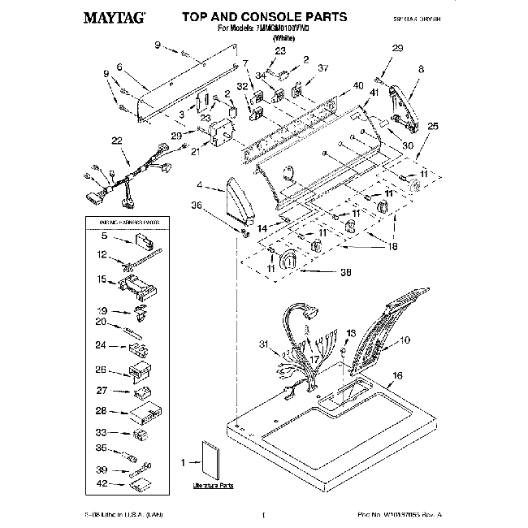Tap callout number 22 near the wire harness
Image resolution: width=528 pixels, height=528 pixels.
117,141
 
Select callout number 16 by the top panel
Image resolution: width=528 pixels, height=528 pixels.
397,375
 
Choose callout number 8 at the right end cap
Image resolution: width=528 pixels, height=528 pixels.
421,71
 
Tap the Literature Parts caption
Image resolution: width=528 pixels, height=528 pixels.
214,485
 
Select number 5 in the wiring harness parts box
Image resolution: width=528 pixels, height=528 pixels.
103,236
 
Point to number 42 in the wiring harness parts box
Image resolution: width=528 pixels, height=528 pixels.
102,484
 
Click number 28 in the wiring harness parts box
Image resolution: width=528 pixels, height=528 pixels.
102,410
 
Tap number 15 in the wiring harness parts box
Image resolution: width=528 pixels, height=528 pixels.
102,280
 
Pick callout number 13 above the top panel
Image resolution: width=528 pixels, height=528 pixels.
351,333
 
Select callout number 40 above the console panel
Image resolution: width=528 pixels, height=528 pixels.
358,86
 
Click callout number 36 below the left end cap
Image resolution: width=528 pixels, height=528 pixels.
196,206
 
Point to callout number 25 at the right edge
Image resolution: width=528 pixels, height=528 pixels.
432,126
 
